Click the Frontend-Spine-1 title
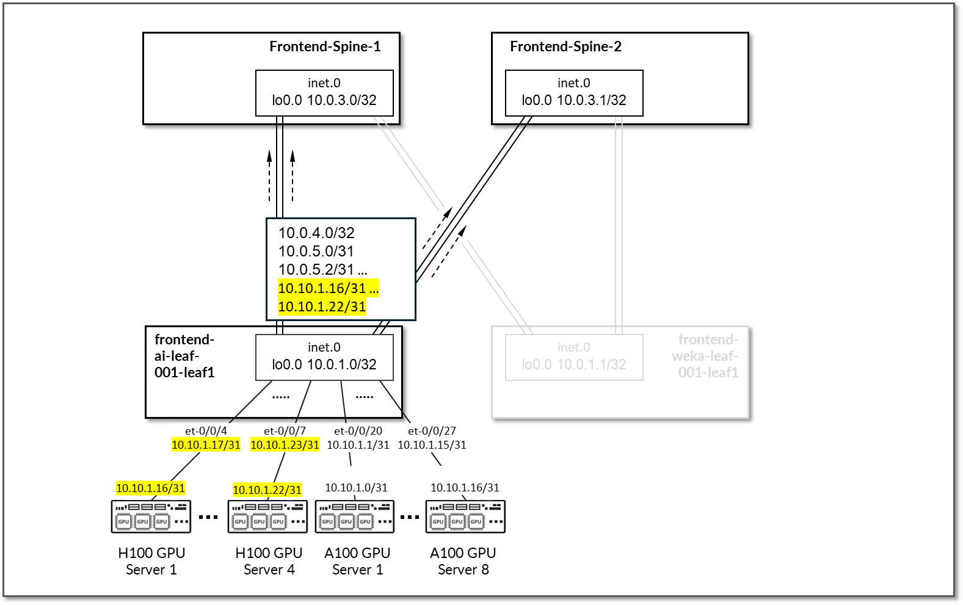325,47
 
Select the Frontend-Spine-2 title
565,47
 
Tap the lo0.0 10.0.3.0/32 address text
324,101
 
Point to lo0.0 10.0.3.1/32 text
574,101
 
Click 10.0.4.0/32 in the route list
316,233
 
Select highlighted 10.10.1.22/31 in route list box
322,307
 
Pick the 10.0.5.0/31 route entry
316,252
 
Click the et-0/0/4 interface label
206,431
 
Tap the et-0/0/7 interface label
285,431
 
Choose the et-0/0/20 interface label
358,431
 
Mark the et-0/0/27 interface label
432,431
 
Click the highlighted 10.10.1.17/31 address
206,445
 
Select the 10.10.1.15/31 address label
432,445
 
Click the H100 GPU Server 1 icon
151,516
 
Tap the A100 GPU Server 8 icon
465,516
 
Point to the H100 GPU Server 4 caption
269,561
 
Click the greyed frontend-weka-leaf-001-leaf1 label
707,356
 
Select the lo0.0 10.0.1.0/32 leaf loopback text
324,365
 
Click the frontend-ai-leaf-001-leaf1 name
184,356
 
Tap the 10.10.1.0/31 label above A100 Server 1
356,488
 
